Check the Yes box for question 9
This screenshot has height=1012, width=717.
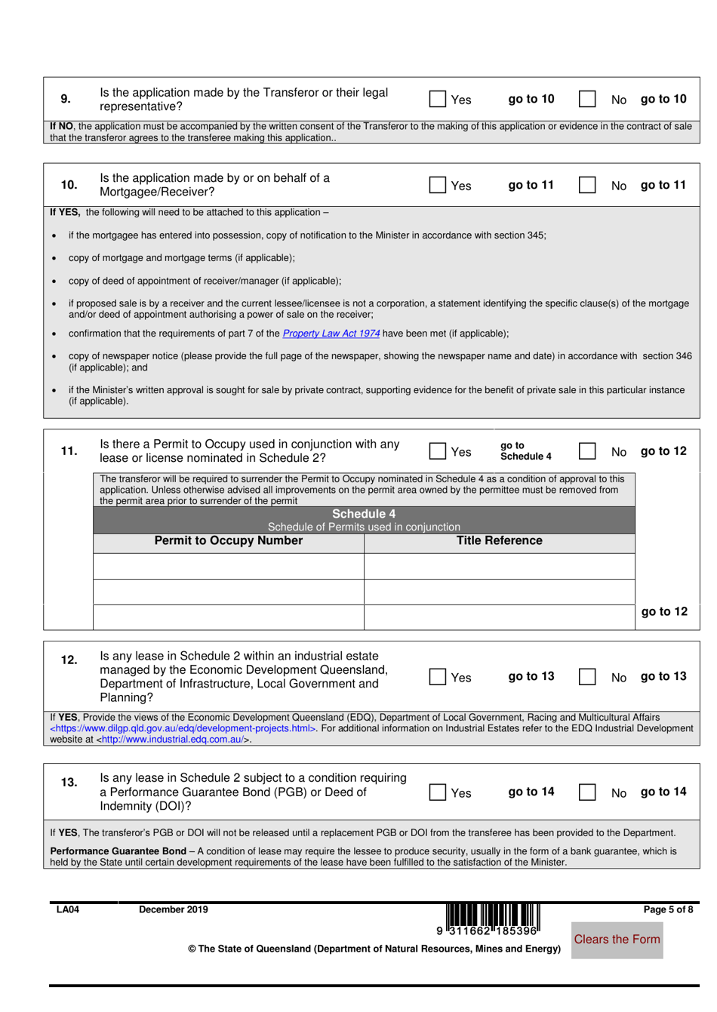tap(438, 99)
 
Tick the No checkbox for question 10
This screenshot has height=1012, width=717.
tap(587, 185)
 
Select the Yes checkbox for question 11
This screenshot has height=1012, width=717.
tap(438, 451)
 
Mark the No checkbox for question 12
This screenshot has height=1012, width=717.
tap(587, 677)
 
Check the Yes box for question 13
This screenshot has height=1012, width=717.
tap(438, 792)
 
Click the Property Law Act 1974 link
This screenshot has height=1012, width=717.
tap(331, 334)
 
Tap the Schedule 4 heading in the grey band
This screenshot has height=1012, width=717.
tap(364, 514)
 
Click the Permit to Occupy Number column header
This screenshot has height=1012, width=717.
tap(228, 541)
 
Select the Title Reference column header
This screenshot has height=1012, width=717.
tap(499, 541)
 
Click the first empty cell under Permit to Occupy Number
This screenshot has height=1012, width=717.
tap(228, 566)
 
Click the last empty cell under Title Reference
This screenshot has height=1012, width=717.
tap(499, 617)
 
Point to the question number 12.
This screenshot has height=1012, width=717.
tap(69, 660)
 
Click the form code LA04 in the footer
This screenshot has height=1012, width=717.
tap(68, 910)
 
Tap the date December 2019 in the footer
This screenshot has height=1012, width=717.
tap(173, 910)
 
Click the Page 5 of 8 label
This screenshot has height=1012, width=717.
tap(668, 910)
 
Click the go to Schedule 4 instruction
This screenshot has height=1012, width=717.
tap(525, 451)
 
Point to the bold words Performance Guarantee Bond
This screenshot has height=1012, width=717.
tap(118, 851)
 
